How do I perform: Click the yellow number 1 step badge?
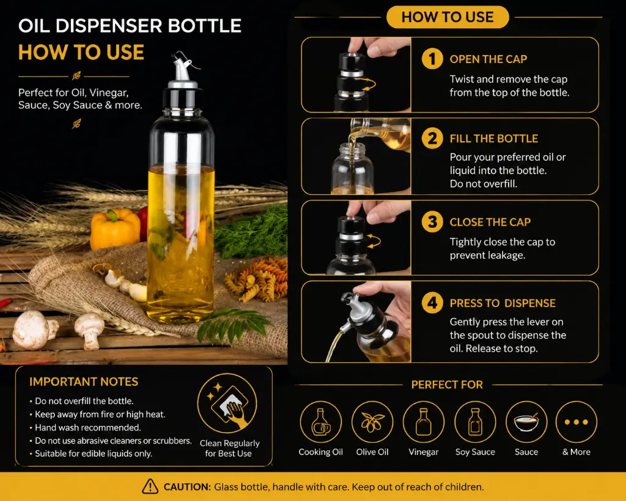click(x=432, y=59)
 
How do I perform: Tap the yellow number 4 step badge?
click(x=432, y=303)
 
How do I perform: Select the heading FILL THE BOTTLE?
click(x=494, y=139)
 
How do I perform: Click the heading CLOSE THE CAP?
click(x=490, y=222)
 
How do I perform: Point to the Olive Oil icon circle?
click(x=372, y=422)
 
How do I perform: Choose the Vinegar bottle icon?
click(x=424, y=422)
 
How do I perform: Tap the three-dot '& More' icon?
click(x=576, y=422)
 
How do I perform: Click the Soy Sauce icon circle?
click(x=475, y=422)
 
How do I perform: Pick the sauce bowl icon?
click(x=526, y=422)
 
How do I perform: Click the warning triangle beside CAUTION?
click(x=150, y=486)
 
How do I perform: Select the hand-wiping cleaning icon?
click(x=227, y=403)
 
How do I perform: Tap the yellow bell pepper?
click(x=114, y=229)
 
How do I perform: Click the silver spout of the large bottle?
click(x=182, y=70)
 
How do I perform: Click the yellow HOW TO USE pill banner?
click(x=447, y=17)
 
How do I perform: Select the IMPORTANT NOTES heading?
click(x=84, y=382)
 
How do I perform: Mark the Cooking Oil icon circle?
click(x=320, y=422)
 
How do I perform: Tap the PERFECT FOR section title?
click(x=447, y=385)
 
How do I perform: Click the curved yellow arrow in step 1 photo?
click(x=369, y=84)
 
